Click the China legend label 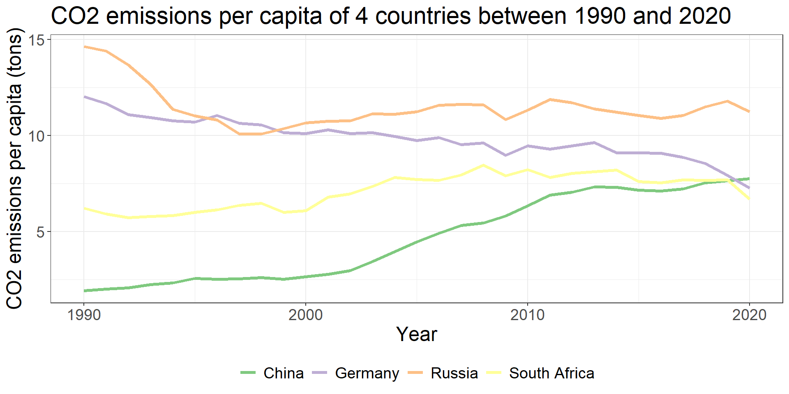click(284, 373)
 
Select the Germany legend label click(367, 373)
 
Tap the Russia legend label click(454, 373)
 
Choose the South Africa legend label click(551, 373)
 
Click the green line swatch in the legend click(248, 373)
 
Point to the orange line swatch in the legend click(415, 373)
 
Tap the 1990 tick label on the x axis click(84, 315)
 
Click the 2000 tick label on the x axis click(305, 315)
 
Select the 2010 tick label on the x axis click(527, 315)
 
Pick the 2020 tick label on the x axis click(749, 315)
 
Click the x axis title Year click(416, 334)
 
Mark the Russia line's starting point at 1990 click(84, 47)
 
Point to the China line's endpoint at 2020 click(749, 179)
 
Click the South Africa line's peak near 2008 click(483, 165)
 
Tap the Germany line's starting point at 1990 click(84, 97)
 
